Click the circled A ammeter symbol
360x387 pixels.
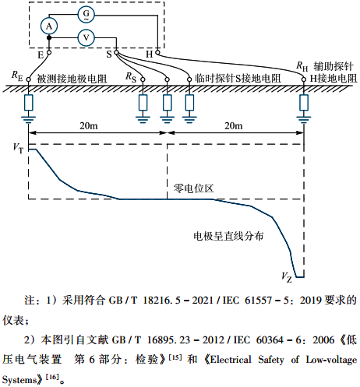tap(49, 26)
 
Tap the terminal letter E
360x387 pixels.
tap(41, 55)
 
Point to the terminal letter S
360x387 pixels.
tap(108, 55)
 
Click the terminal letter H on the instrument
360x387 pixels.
tap(149, 55)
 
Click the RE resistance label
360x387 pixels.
tap(18, 75)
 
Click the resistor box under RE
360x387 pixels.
tap(29, 103)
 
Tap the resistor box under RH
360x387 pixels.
tap(304, 103)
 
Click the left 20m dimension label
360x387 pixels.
tap(90, 126)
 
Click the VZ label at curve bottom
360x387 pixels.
tap(286, 276)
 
